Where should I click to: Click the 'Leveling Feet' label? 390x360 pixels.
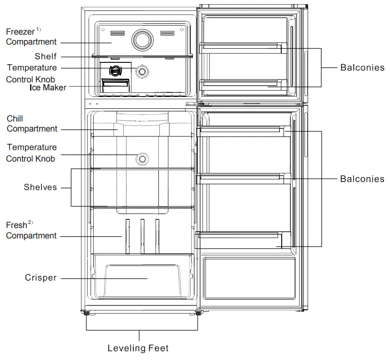(x=138, y=349)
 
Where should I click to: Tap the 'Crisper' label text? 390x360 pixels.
(x=41, y=278)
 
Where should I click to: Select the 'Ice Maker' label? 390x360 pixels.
(x=48, y=87)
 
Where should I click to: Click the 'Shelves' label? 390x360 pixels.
(x=41, y=187)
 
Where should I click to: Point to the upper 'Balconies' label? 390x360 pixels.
(x=362, y=68)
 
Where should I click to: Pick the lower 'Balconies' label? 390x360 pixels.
(x=362, y=179)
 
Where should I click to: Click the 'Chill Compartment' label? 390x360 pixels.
(x=32, y=124)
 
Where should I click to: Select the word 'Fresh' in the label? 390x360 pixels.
(x=16, y=225)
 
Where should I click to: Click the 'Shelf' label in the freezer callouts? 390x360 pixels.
(x=46, y=56)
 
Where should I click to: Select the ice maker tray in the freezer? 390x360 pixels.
(x=116, y=85)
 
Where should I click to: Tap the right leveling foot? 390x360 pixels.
(x=199, y=313)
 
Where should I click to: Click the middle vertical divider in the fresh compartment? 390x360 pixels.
(x=143, y=236)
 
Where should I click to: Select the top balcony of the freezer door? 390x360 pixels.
(x=241, y=47)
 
